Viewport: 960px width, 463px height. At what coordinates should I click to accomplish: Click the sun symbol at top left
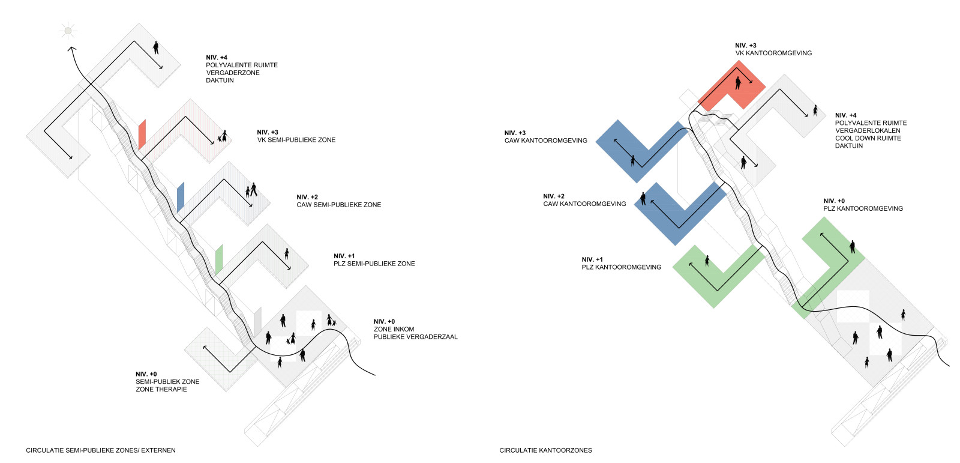(x=68, y=31)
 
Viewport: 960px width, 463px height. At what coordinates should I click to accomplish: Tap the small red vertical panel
(x=142, y=135)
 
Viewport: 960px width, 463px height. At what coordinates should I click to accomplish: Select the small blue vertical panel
(x=181, y=197)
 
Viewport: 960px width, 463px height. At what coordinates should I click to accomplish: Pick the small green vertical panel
(x=219, y=259)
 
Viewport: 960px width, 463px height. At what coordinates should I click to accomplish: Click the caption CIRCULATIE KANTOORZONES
(x=545, y=450)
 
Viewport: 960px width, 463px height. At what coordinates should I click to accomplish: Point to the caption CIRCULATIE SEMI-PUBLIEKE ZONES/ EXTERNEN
(x=101, y=450)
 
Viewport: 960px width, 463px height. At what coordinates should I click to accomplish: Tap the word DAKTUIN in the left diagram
(x=220, y=80)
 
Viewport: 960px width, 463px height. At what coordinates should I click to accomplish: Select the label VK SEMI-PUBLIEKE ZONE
(x=296, y=140)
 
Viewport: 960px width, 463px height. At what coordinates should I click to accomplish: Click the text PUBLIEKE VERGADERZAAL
(x=415, y=337)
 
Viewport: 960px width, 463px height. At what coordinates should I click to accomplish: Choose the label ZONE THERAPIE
(x=161, y=389)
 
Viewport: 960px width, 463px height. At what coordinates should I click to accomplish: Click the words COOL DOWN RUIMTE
(x=868, y=138)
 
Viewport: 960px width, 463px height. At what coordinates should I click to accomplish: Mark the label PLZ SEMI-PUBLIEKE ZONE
(x=374, y=264)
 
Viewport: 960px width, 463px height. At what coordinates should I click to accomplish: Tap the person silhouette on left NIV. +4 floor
(x=156, y=47)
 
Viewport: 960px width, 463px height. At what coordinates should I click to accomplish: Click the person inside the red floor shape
(x=739, y=82)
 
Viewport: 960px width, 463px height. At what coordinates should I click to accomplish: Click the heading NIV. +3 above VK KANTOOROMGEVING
(x=745, y=46)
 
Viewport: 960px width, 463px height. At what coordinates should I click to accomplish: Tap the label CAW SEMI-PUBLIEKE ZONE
(x=338, y=205)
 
